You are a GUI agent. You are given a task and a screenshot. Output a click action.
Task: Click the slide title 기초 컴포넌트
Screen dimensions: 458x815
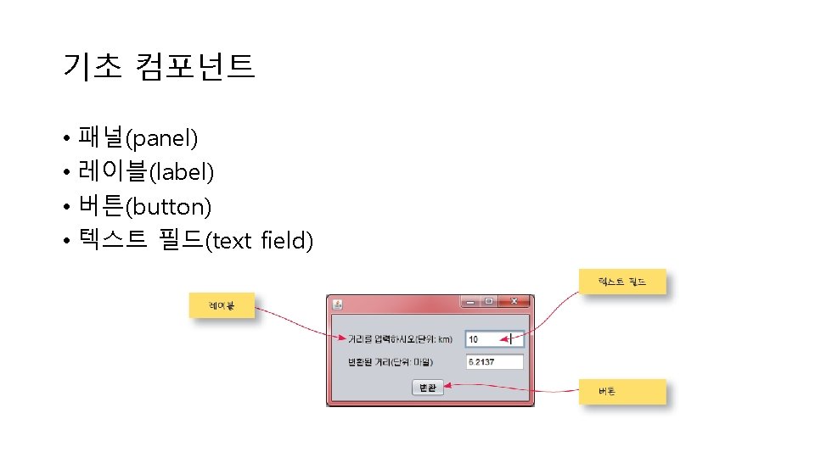(x=158, y=65)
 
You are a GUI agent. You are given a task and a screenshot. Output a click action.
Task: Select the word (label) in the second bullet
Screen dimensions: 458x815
(x=182, y=172)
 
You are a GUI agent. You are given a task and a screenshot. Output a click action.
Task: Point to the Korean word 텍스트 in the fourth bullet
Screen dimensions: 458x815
(x=110, y=241)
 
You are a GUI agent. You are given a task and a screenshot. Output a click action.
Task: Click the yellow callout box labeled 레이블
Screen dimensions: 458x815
(x=222, y=305)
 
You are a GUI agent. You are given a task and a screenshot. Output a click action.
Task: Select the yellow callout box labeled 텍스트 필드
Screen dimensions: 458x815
(x=621, y=282)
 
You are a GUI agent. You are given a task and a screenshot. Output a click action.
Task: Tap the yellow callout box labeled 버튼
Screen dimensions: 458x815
(x=621, y=392)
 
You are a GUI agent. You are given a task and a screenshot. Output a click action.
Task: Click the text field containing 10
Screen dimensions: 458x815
(x=494, y=339)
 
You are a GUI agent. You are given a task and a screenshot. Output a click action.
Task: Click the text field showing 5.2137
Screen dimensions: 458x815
(x=494, y=362)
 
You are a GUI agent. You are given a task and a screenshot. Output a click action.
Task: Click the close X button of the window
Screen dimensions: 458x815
(x=514, y=302)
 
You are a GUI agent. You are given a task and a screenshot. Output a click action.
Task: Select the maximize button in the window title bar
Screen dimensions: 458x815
(x=489, y=302)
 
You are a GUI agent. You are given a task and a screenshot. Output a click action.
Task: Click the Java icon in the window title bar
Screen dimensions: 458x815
(x=337, y=304)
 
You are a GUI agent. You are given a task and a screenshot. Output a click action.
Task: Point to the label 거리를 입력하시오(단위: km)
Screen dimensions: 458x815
(x=400, y=339)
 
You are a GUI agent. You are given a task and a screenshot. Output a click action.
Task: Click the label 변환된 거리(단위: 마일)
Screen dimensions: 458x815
(x=396, y=362)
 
